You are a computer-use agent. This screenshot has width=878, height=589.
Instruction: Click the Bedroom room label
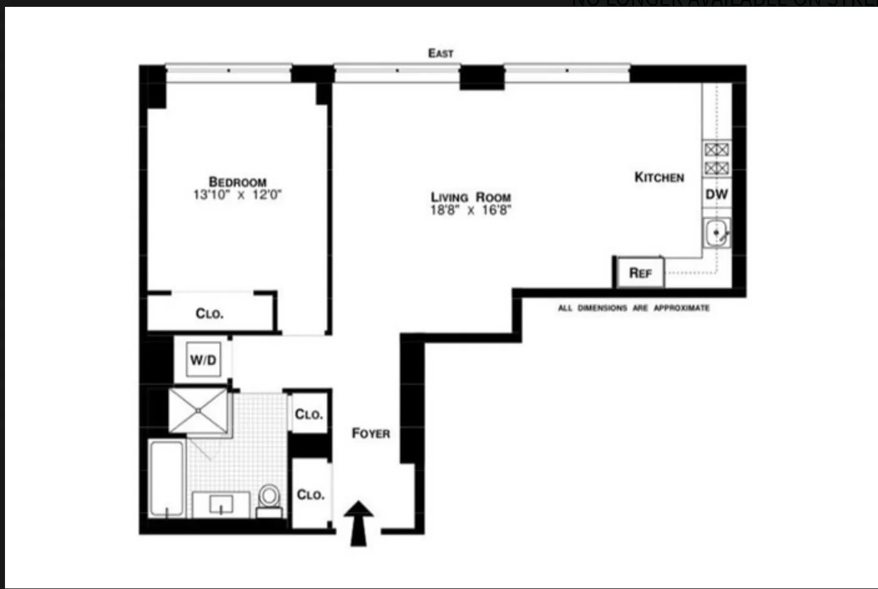[238, 182]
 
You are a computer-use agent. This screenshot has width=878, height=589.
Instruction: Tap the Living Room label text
[471, 197]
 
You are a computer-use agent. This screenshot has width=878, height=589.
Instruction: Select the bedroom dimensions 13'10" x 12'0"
[238, 195]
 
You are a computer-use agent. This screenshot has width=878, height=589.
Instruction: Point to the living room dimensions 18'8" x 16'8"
[471, 210]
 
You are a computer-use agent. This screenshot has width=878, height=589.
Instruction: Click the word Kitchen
[659, 177]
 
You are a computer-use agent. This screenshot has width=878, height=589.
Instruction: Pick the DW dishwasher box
[716, 194]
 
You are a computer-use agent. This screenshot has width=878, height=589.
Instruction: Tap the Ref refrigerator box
[640, 273]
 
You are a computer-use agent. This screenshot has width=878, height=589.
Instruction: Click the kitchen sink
[716, 233]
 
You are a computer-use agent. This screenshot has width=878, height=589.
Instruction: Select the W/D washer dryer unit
[203, 360]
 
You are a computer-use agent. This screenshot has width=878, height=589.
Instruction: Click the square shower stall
[198, 410]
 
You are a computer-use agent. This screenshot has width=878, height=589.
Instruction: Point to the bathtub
[167, 479]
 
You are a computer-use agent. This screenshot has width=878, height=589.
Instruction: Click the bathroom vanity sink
[221, 504]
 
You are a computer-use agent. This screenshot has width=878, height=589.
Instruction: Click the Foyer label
[371, 433]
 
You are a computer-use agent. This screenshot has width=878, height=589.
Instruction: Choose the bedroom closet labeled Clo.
[210, 313]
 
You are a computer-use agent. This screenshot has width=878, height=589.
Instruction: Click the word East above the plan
[441, 53]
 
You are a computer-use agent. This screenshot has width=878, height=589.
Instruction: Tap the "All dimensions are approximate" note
[634, 308]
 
